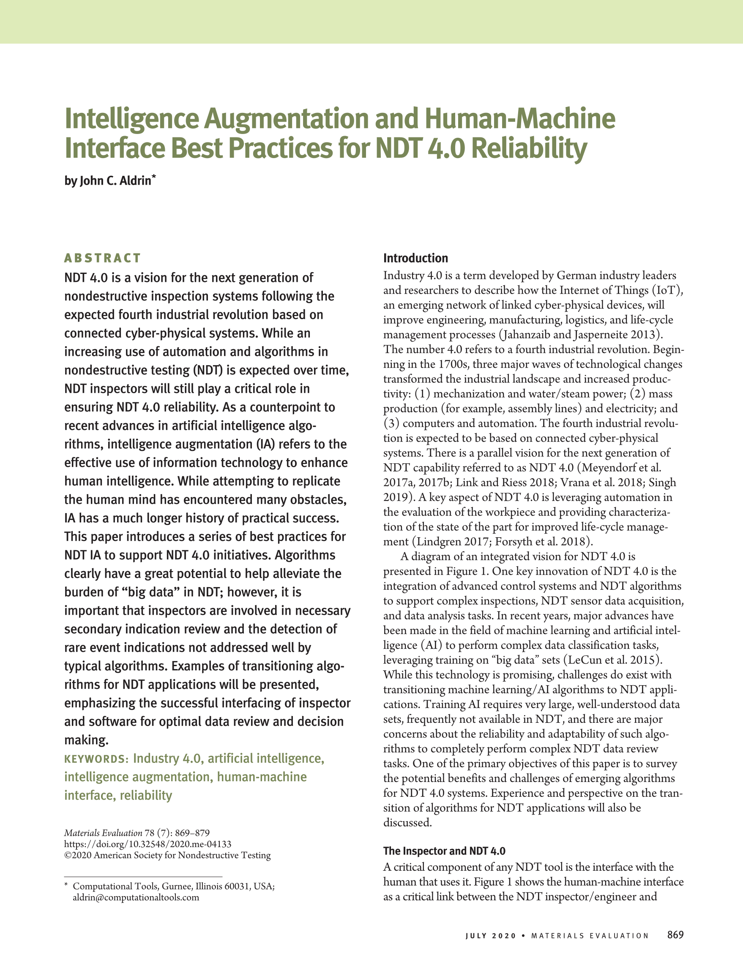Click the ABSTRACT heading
[x=102, y=258]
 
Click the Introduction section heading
[x=415, y=259]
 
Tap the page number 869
[x=675, y=935]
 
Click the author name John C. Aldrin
[x=115, y=181]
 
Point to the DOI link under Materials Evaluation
[x=148, y=845]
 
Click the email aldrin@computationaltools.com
[x=136, y=897]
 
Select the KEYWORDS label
[x=96, y=759]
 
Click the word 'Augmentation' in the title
[x=286, y=119]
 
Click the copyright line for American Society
[x=167, y=856]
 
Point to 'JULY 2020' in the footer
[x=490, y=936]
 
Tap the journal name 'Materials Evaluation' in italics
[x=103, y=833]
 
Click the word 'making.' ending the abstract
[x=86, y=740]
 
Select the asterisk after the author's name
[x=154, y=177]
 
